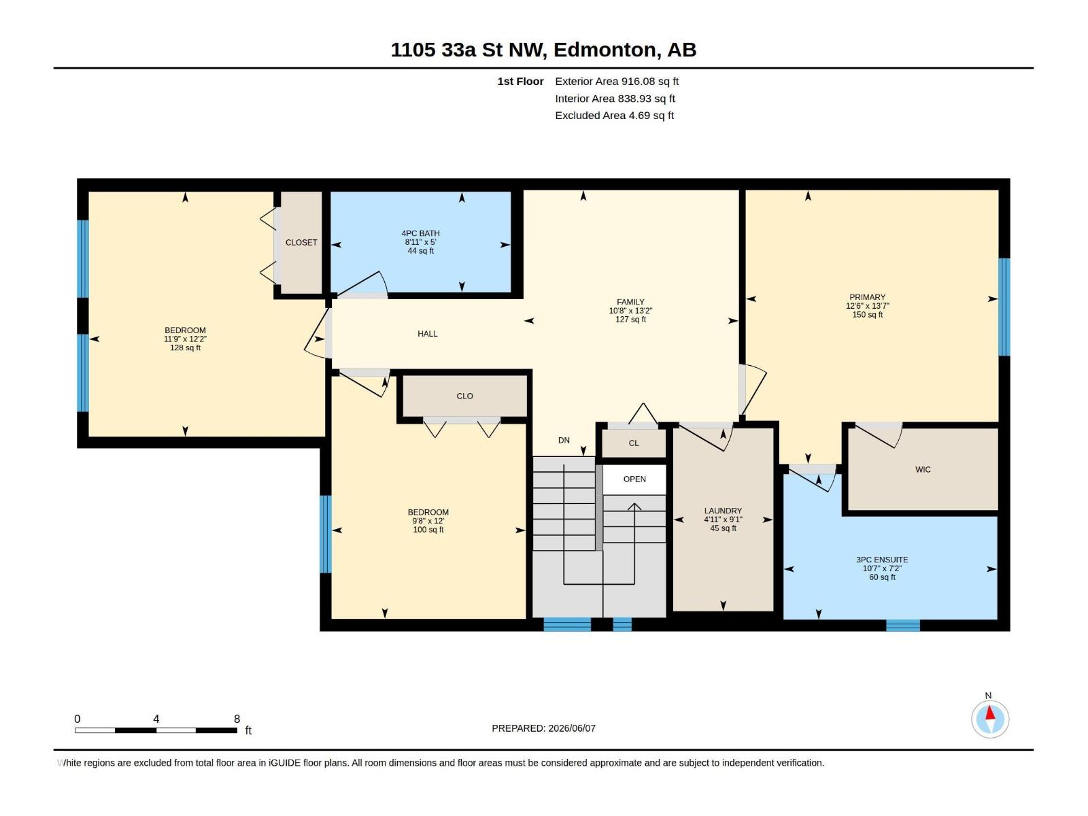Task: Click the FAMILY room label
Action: [630, 302]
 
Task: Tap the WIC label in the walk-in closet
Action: [923, 469]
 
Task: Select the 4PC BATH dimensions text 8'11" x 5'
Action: [420, 242]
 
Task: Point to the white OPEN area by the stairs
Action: [634, 479]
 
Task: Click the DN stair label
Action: [564, 440]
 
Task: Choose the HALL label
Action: [427, 333]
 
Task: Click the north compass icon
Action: [989, 719]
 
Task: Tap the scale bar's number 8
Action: [237, 719]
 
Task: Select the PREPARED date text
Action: [543, 728]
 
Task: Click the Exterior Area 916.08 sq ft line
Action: [617, 81]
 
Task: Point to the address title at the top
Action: [543, 50]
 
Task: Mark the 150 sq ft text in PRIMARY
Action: [867, 315]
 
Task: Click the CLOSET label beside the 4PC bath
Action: [301, 242]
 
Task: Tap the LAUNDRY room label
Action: [723, 510]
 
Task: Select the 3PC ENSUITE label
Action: [882, 560]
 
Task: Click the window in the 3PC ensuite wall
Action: [902, 625]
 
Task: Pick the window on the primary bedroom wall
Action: [1004, 307]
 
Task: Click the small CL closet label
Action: [634, 443]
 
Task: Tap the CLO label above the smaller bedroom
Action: [464, 396]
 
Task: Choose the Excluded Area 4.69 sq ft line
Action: [614, 116]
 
